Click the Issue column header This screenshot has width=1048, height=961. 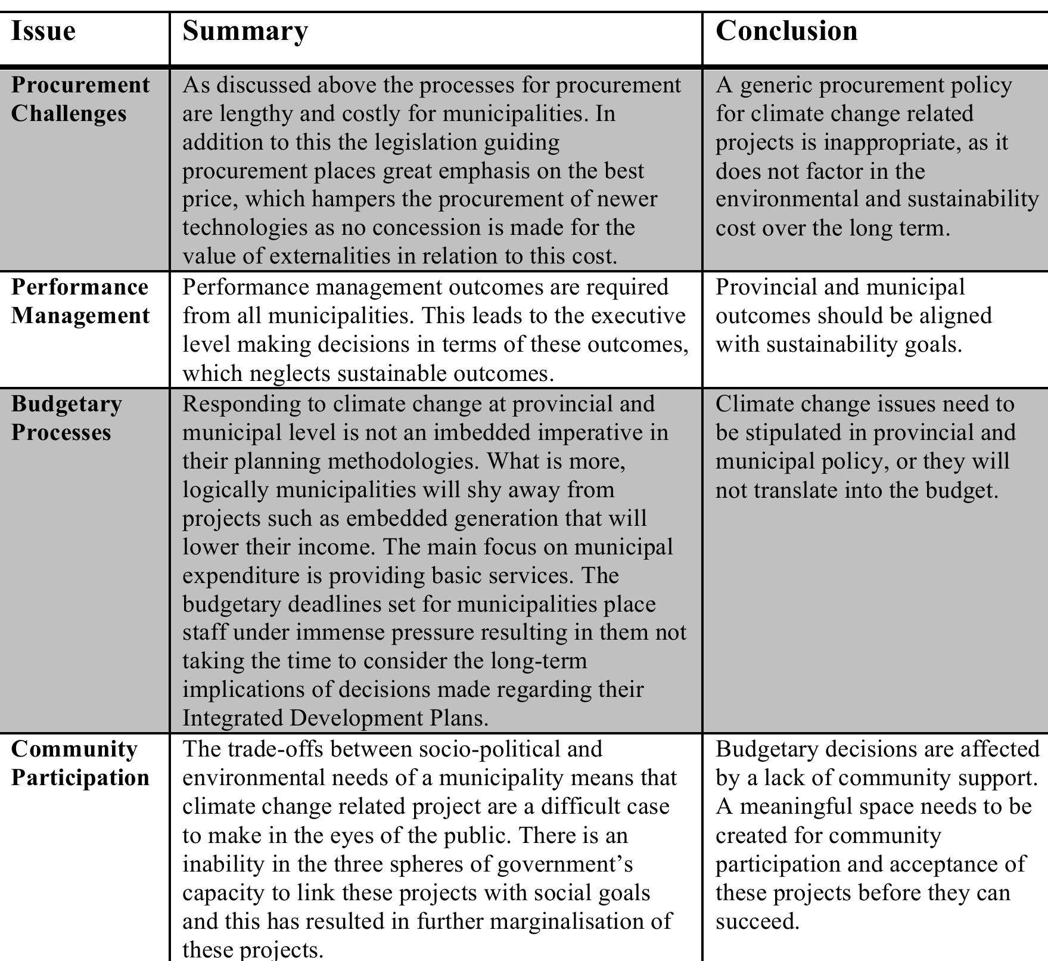click(43, 31)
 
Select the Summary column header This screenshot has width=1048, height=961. click(245, 31)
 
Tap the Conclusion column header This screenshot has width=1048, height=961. click(786, 31)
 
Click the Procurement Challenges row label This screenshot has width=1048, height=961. click(80, 100)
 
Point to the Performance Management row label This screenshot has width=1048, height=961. click(80, 302)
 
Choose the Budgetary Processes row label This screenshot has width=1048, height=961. click(66, 418)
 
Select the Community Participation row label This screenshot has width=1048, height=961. click(80, 763)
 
